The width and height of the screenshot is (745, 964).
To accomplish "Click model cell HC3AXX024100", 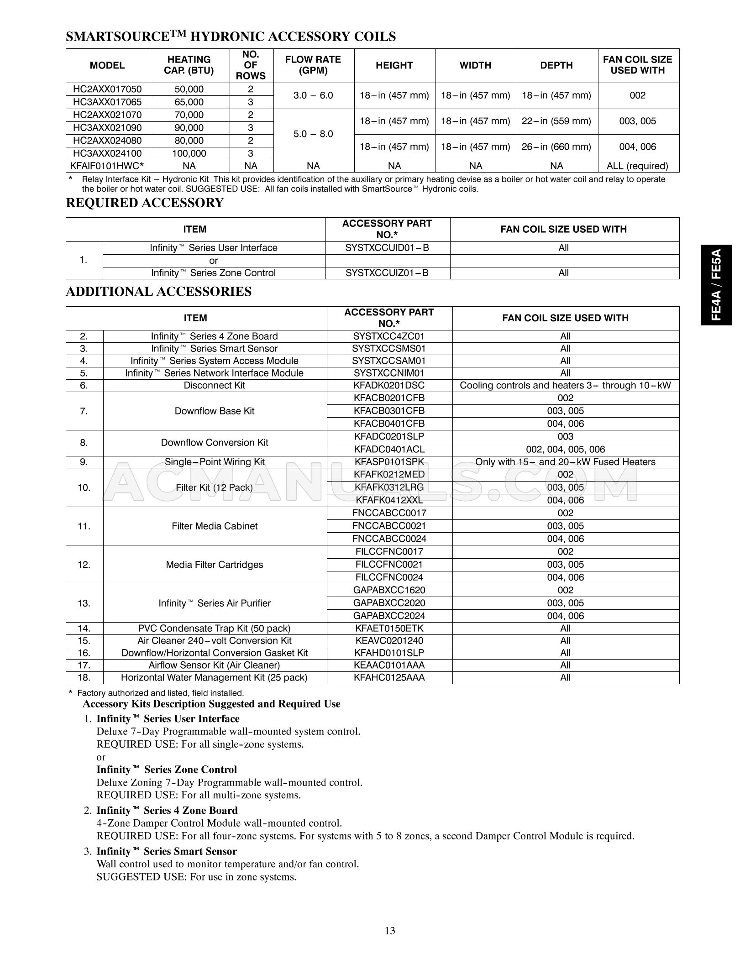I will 108,153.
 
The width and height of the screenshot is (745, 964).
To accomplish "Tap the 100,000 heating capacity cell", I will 189,153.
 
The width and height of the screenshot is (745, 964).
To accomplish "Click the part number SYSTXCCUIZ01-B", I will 387,273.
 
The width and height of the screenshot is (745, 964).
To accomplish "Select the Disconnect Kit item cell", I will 214,385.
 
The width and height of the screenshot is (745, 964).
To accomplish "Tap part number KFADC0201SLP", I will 389,436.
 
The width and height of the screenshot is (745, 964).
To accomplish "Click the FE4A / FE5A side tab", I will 716,285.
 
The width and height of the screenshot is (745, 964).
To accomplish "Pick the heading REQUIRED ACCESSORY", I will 145,203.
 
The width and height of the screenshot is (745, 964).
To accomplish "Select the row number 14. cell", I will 84,628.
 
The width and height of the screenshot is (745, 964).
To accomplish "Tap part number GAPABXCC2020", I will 389,603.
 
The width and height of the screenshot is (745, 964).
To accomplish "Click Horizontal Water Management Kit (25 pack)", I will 214,677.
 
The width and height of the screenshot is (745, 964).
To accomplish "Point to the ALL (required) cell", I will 637,166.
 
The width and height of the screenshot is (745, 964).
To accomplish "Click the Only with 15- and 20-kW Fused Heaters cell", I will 565,462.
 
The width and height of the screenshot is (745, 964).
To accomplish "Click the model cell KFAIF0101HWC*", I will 108,166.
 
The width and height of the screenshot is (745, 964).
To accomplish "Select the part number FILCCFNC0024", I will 389,577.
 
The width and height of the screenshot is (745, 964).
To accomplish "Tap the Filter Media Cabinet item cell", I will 214,526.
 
